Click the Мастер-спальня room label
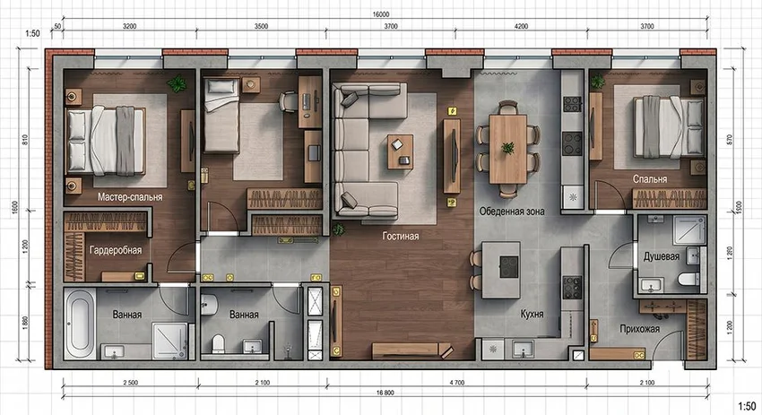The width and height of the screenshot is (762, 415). (x=130, y=197)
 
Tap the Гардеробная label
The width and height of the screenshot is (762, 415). (x=116, y=250)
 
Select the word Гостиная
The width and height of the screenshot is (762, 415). (x=401, y=236)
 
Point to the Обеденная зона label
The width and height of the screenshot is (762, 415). (x=512, y=212)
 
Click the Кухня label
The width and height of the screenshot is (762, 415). (x=532, y=314)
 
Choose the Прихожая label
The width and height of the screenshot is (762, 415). (x=639, y=329)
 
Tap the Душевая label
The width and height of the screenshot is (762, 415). (x=662, y=256)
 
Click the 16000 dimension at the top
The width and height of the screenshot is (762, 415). (x=381, y=14)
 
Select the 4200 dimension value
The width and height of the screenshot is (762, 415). (x=521, y=26)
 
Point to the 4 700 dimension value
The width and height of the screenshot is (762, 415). (x=457, y=383)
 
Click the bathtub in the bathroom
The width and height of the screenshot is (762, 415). (x=80, y=324)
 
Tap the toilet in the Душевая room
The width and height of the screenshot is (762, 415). (x=688, y=279)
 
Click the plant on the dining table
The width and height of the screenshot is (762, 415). (x=507, y=148)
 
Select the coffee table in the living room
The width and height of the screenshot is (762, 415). (x=400, y=151)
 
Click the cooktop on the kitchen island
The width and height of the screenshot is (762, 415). (x=509, y=267)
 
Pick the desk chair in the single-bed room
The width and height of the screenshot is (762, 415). (x=288, y=102)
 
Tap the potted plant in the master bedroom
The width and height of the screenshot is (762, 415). (x=177, y=83)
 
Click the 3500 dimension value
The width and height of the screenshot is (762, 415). (x=261, y=26)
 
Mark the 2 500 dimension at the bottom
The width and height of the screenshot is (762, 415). (x=130, y=383)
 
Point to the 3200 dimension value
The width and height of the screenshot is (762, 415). (x=129, y=26)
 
